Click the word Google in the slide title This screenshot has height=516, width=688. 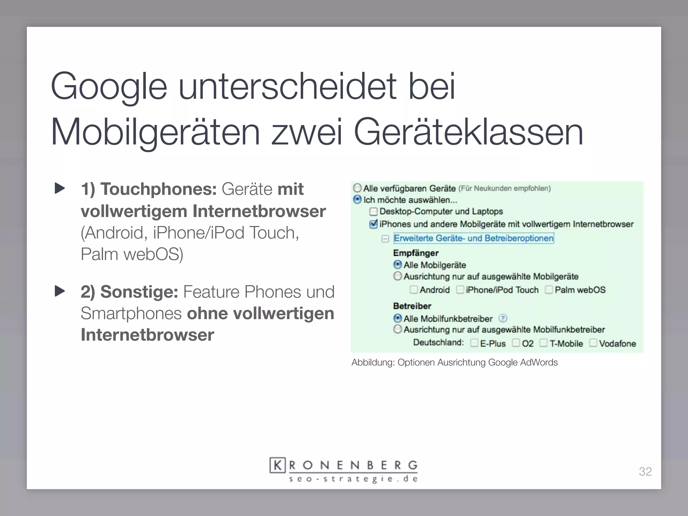click(109, 87)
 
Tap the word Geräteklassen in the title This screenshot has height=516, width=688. click(468, 132)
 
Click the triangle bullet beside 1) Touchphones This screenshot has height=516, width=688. click(60, 188)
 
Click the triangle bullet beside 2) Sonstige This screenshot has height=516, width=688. click(60, 291)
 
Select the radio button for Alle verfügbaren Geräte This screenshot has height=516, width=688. click(357, 188)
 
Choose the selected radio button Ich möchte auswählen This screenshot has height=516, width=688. click(357, 200)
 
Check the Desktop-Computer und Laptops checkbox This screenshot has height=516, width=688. click(373, 212)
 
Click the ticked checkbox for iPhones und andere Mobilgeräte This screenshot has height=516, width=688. click(373, 224)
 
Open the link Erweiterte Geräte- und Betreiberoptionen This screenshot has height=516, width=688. click(474, 238)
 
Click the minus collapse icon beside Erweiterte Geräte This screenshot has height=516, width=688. click(385, 239)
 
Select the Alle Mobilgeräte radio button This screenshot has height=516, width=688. click(398, 265)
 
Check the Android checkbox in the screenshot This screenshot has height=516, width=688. click(414, 290)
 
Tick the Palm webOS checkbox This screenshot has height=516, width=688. click(549, 290)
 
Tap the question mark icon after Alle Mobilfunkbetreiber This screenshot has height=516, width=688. click(503, 318)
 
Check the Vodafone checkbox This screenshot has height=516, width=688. click(593, 343)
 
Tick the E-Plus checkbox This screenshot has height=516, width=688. click(474, 343)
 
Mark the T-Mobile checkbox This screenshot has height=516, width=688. click(543, 343)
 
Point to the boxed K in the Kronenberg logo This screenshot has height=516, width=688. click(277, 465)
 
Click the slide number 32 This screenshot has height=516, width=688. click(645, 472)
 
